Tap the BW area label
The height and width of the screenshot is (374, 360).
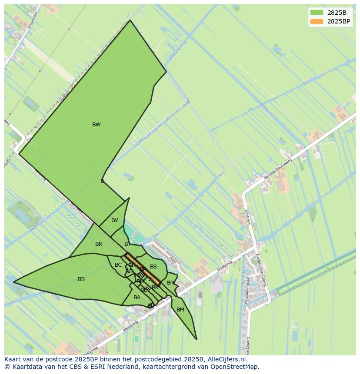coord(96,125)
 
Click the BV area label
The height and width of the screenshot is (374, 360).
coord(114,220)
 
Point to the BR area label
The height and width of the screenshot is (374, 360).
coord(99,244)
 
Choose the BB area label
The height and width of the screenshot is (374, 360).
coord(81,279)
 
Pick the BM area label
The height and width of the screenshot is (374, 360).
coord(180,310)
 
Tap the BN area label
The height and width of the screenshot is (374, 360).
coord(170,283)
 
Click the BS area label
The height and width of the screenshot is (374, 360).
coord(153,267)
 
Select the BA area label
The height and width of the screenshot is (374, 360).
coord(137,298)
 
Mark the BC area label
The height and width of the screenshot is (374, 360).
coord(118,265)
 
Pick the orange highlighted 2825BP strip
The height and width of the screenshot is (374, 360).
coord(143,269)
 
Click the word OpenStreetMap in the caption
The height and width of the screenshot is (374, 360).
coord(235,367)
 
